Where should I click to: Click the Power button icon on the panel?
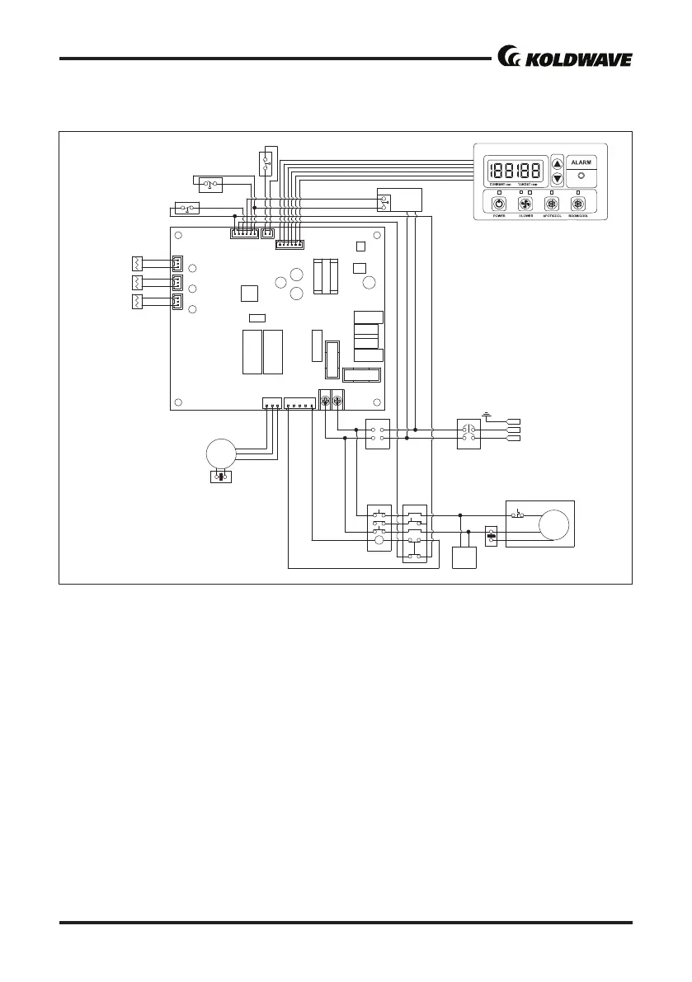coord(498,204)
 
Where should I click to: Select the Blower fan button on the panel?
coord(525,204)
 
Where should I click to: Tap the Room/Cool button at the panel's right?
coord(577,204)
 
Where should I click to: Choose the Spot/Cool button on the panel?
coord(552,204)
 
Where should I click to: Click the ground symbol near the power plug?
coord(489,416)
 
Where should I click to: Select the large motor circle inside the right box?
coord(554,525)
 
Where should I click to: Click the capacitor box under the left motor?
coord(220,477)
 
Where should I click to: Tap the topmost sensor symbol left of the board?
coord(138,264)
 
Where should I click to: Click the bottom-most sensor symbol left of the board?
coord(138,302)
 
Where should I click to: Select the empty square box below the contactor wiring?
coord(464,557)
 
